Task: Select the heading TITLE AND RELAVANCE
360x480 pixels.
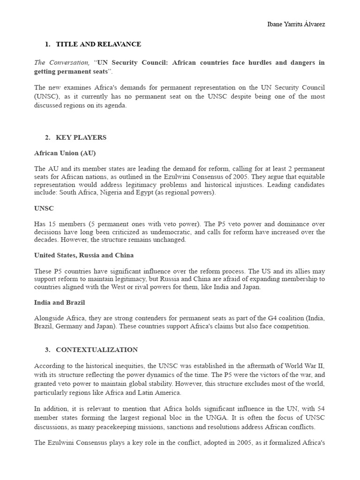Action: [98, 44]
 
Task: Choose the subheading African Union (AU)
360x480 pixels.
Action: [65, 153]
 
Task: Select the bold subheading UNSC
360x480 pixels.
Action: [44, 208]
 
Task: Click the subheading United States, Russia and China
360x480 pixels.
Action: [84, 255]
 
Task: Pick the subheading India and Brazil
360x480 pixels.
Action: [60, 302]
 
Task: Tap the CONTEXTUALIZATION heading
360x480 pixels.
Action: [97, 350]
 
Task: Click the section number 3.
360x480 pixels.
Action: [47, 350]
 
